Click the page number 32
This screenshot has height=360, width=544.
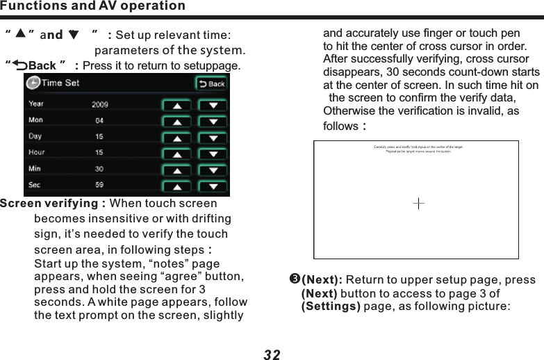point(272,354)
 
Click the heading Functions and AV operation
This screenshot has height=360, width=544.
point(93,6)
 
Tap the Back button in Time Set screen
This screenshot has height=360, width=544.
point(212,83)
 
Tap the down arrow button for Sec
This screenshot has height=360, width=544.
point(213,186)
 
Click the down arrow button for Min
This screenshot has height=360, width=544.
point(213,170)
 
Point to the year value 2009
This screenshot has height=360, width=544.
point(101,105)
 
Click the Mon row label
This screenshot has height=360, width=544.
point(35,120)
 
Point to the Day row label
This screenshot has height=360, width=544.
point(35,136)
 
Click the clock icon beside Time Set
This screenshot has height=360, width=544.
point(33,83)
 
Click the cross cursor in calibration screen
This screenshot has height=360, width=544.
point(419,204)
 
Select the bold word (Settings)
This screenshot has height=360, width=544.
point(330,306)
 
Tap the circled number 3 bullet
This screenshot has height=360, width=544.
point(294,280)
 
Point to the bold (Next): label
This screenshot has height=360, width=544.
point(321,280)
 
